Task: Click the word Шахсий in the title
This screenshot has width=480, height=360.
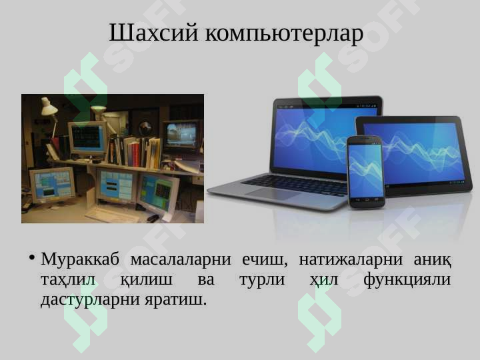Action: (154, 32)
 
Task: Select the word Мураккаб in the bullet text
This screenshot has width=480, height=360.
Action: (80, 259)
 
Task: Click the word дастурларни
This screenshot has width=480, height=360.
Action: (90, 300)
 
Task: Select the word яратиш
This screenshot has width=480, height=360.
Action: (175, 300)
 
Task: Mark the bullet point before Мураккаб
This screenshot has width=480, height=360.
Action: (32, 257)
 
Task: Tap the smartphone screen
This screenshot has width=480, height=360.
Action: (366, 171)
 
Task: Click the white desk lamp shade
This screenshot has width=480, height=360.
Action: (49, 106)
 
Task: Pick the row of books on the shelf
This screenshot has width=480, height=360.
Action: (135, 151)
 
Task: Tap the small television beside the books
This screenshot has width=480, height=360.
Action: (181, 135)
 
